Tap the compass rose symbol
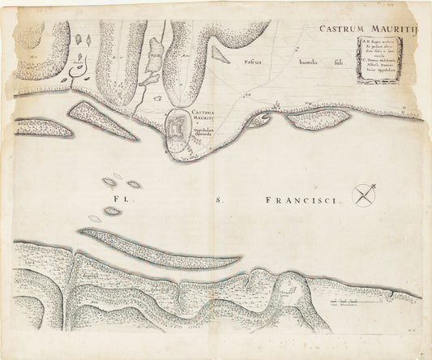pyautogui.click(x=367, y=193)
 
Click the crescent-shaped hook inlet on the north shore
pyautogui.click(x=262, y=122)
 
